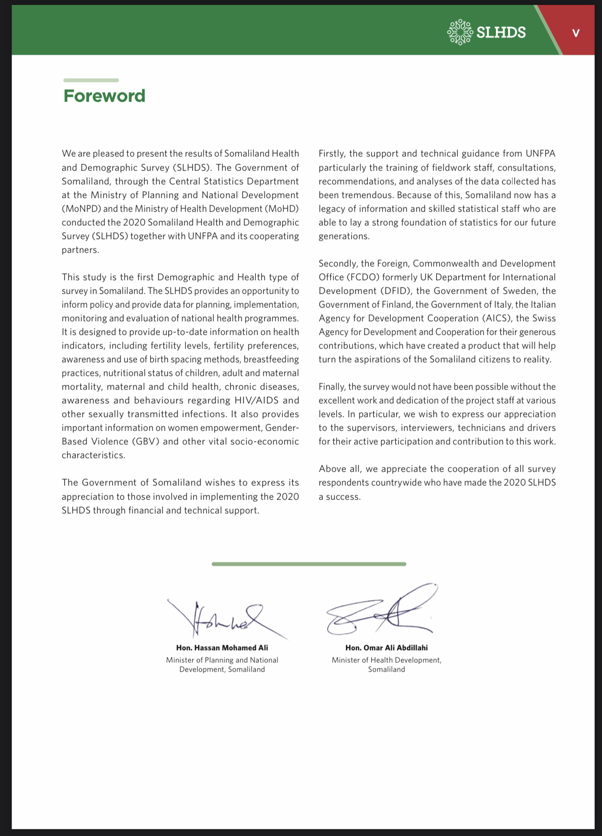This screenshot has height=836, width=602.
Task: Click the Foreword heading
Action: pos(104,96)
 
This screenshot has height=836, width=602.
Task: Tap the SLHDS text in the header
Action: pos(501,33)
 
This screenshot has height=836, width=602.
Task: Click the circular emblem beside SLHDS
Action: pos(460,32)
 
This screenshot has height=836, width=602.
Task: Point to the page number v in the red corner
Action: pos(576,33)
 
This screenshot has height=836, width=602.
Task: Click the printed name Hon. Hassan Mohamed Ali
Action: pos(222,648)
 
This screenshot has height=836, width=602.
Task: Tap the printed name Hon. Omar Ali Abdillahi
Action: pos(386,648)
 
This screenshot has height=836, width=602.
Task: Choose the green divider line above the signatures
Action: pos(309,564)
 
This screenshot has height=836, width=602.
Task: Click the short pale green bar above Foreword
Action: pos(91,80)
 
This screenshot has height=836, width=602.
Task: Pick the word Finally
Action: pos(332,387)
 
